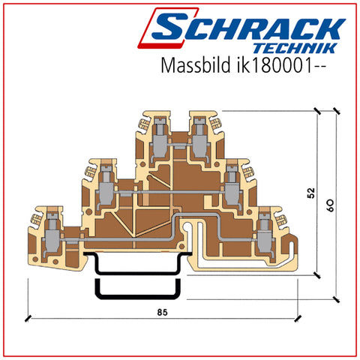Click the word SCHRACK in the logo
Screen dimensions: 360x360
(249, 28)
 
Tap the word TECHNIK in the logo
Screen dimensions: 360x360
(295, 48)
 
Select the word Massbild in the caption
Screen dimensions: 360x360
(196, 65)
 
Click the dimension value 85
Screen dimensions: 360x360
(162, 313)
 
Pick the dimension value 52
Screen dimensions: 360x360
(311, 193)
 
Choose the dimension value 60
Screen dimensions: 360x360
(331, 205)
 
